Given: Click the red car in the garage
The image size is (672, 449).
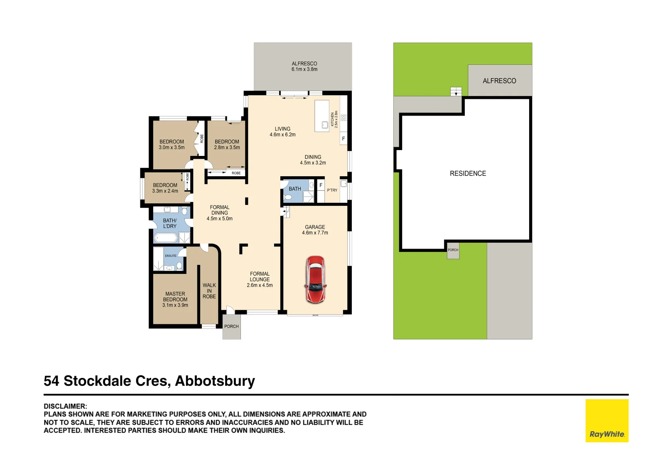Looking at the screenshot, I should pyautogui.click(x=316, y=279).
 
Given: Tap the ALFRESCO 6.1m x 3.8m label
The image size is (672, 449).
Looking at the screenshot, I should pyautogui.click(x=304, y=67).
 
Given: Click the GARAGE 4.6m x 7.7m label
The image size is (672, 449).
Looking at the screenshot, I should pyautogui.click(x=315, y=230).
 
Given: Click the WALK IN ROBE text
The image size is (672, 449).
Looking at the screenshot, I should pyautogui.click(x=209, y=291).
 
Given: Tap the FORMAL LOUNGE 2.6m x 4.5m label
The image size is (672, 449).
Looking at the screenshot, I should pyautogui.click(x=260, y=279).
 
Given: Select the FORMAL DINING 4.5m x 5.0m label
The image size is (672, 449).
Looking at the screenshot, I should pyautogui.click(x=220, y=213).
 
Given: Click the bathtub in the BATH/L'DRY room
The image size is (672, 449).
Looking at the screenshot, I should pyautogui.click(x=166, y=238).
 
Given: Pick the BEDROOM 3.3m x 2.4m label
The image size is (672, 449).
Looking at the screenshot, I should pyautogui.click(x=165, y=188).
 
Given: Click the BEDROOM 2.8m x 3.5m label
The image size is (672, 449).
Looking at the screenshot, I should pyautogui.click(x=227, y=144).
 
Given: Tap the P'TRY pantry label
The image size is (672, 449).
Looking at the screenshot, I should pyautogui.click(x=332, y=190).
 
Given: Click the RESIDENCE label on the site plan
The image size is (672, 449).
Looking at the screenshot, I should pyautogui.click(x=468, y=173).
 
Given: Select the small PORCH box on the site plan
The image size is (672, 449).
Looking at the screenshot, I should pyautogui.click(x=453, y=251).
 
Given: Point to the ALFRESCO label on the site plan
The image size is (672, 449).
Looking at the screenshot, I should pyautogui.click(x=499, y=81).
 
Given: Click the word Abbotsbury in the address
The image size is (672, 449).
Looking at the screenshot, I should pyautogui.click(x=215, y=381).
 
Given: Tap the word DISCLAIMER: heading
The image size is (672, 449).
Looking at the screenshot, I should pyautogui.click(x=65, y=406).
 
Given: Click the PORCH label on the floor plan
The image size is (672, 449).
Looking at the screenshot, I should pyautogui.click(x=231, y=326).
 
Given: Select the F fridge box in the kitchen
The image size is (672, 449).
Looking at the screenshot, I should pyautogui.click(x=343, y=138).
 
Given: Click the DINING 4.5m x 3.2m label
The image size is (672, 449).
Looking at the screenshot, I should pyautogui.click(x=313, y=160).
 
